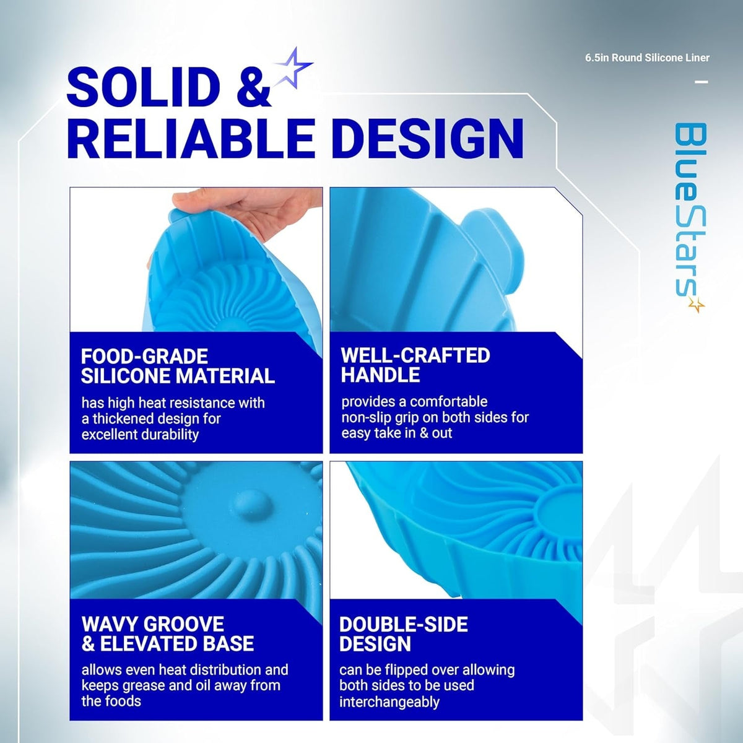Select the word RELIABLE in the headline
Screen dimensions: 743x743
191,139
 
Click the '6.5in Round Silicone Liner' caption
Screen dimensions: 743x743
648,58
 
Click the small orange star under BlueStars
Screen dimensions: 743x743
697,305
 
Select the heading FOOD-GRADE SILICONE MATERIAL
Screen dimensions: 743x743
178,366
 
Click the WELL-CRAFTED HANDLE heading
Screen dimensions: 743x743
415,365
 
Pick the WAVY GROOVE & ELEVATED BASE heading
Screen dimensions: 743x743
168,633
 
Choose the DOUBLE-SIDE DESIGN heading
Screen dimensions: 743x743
403,634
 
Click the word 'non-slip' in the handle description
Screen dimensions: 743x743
368,417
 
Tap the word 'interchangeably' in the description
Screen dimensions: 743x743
389,703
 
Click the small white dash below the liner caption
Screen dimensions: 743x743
702,82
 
